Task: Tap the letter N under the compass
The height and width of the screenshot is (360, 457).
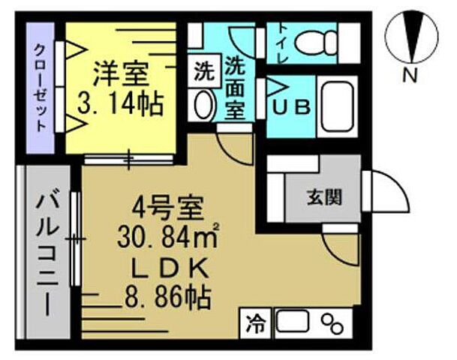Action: pyautogui.click(x=410, y=75)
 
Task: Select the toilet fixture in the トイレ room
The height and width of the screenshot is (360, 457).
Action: pyautogui.click(x=315, y=42)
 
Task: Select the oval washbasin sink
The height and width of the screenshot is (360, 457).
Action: pyautogui.click(x=203, y=105)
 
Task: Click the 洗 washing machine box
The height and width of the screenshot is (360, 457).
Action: pyautogui.click(x=203, y=74)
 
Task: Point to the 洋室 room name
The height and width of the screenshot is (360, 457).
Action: pyautogui.click(x=120, y=75)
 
